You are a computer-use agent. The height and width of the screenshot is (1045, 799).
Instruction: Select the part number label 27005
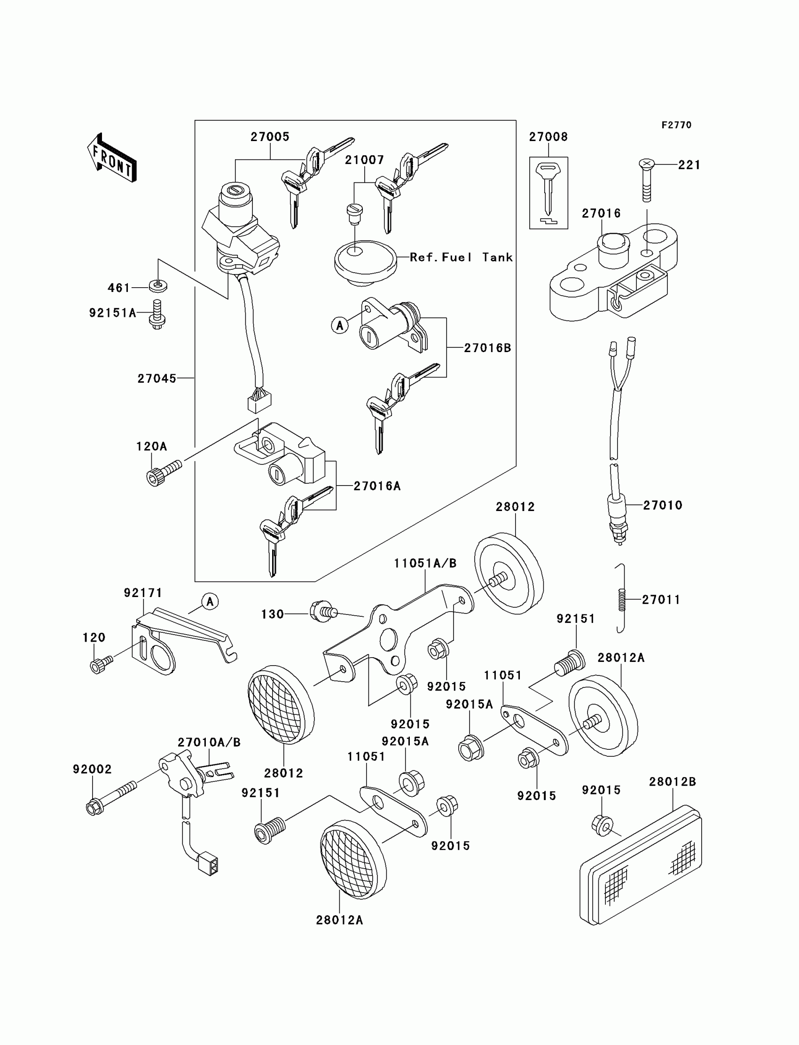270,137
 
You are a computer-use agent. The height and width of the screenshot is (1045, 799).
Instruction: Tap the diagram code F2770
676,125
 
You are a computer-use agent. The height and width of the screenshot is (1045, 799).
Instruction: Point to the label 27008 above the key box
548,137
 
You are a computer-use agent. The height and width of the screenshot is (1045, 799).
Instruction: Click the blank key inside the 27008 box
548,188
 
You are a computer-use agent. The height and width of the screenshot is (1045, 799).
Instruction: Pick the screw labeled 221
646,181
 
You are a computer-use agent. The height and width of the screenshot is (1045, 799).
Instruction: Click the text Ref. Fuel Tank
461,257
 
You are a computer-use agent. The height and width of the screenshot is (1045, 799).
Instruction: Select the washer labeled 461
158,286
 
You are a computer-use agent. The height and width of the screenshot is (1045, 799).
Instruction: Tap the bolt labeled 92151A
157,315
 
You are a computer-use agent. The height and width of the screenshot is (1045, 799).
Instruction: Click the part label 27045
157,378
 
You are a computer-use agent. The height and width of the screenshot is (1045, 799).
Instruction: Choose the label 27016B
487,348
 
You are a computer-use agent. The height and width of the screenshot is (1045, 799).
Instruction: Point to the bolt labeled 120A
163,472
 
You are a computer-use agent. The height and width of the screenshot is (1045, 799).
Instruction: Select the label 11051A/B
425,564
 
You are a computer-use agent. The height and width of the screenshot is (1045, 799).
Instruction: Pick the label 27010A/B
209,742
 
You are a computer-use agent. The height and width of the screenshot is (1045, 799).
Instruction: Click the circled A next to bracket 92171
210,602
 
